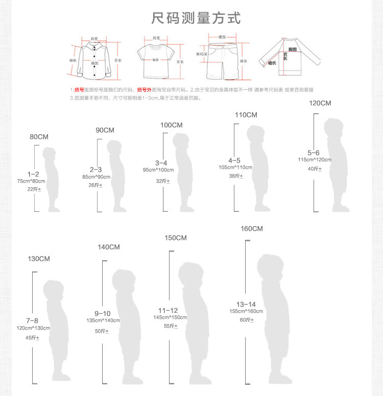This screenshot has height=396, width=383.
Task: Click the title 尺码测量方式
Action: (196, 19)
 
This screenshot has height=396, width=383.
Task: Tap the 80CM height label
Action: (39, 137)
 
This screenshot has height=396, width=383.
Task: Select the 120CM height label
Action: (320, 103)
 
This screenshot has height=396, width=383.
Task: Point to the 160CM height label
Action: (251, 229)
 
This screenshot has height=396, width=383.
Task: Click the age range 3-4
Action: (161, 162)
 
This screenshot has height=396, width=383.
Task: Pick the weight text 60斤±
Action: (247, 320)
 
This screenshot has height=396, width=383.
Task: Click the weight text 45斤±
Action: (32, 337)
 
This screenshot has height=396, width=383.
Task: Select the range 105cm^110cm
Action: (235, 167)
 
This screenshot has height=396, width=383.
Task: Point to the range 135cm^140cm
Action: (103, 320)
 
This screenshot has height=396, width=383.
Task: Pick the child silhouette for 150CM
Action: (194, 327)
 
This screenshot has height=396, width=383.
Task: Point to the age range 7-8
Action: (32, 320)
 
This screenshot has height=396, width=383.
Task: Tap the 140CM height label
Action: (109, 247)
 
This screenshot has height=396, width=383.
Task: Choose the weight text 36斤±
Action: (236, 176)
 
